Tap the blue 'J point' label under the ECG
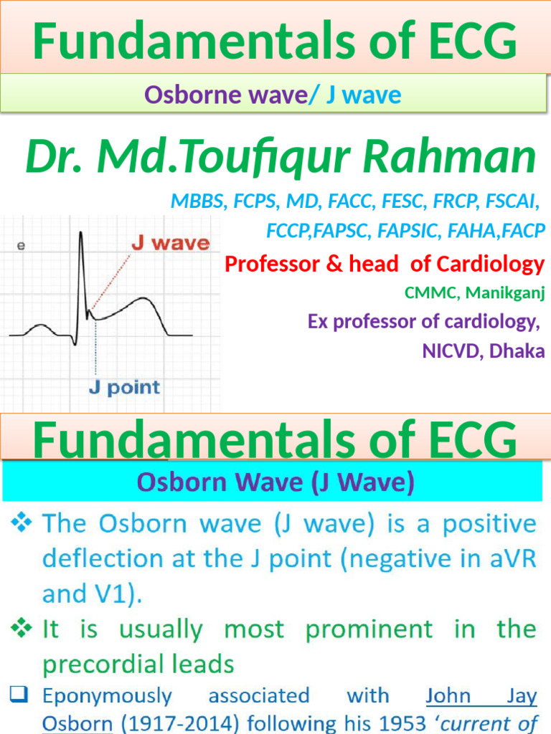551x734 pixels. pyautogui.click(x=124, y=389)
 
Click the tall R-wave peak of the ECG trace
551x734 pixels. pyautogui.click(x=81, y=233)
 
